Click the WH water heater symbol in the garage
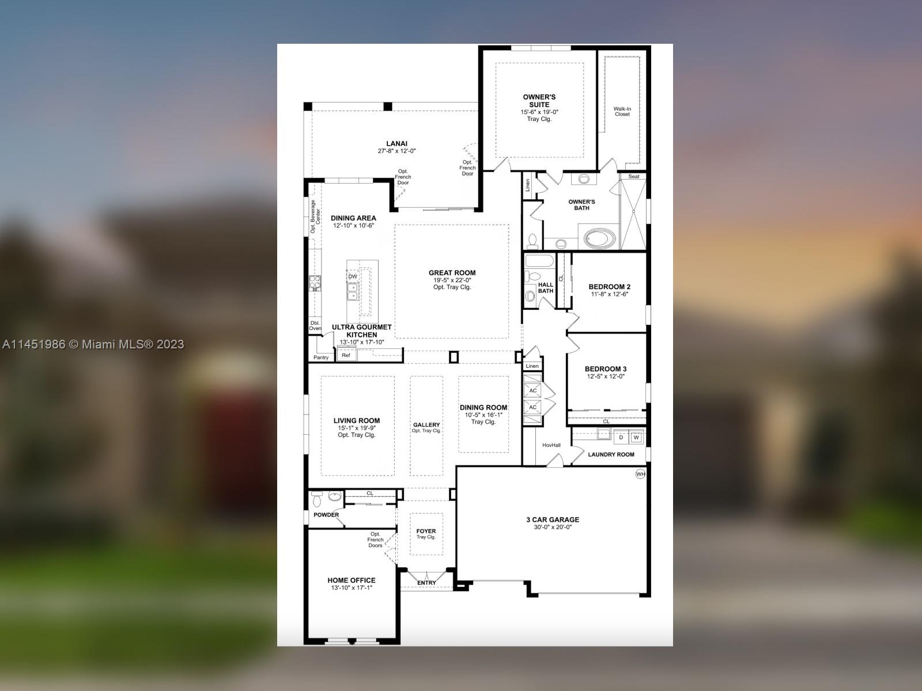click(x=640, y=474)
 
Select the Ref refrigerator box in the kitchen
click(x=346, y=355)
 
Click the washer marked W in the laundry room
click(x=636, y=437)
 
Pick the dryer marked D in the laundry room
click(x=621, y=437)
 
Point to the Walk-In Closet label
click(x=622, y=111)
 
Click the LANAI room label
click(x=396, y=143)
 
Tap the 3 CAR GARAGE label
click(x=553, y=519)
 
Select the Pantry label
click(x=321, y=358)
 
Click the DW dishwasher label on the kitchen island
click(x=353, y=276)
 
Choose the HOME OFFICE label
click(x=352, y=580)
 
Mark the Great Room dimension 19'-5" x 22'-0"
click(x=452, y=280)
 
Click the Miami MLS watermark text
click(x=93, y=344)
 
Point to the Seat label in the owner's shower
click(x=634, y=177)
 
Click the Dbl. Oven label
click(x=315, y=325)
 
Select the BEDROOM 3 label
click(x=606, y=369)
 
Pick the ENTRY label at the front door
click(x=427, y=583)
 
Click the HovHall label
click(x=551, y=445)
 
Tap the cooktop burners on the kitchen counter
click(x=315, y=283)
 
